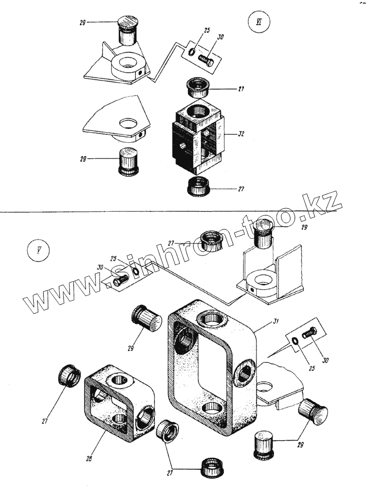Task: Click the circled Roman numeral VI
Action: click(259, 23)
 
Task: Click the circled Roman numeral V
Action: click(37, 250)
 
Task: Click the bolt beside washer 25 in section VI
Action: click(206, 58)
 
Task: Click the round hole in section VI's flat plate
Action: click(127, 123)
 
